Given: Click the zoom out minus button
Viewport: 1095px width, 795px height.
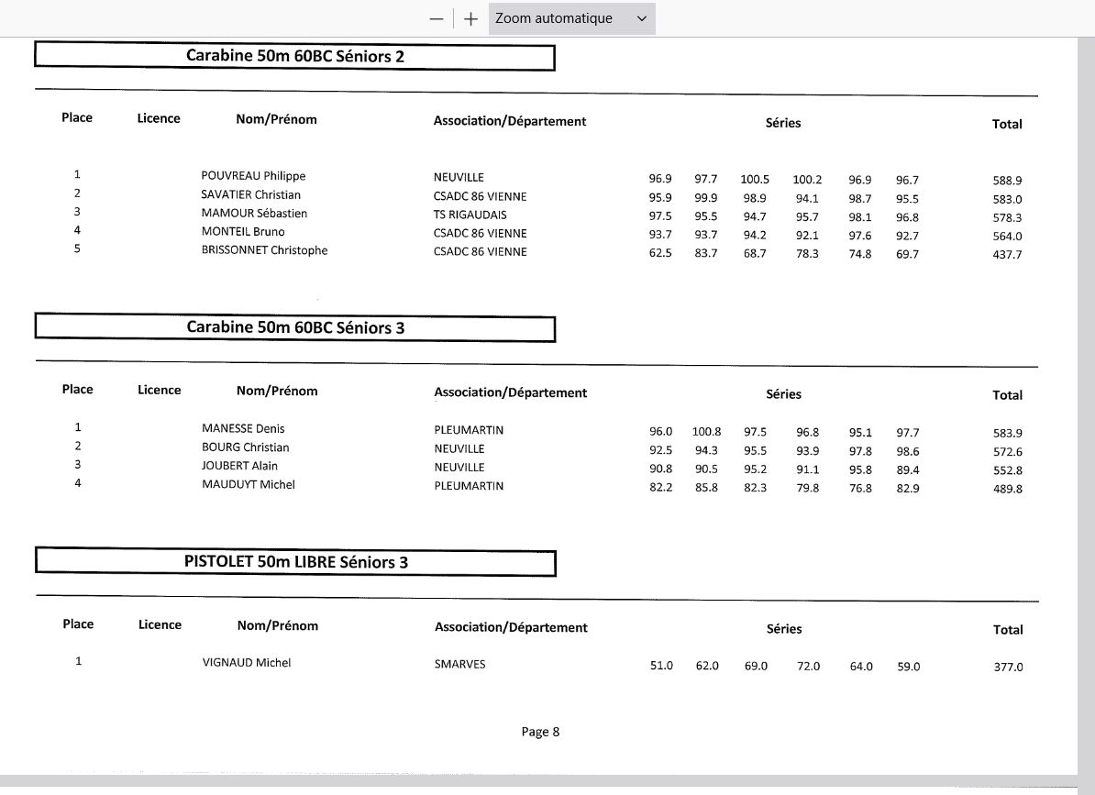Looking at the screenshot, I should tap(437, 19).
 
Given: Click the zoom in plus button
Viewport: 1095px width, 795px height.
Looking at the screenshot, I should tap(470, 19).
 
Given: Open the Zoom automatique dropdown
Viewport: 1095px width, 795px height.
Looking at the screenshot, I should tap(571, 18).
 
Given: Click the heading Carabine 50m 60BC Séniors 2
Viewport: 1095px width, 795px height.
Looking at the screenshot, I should tap(294, 56).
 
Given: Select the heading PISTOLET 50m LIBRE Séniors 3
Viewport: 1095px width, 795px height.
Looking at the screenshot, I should tap(295, 562).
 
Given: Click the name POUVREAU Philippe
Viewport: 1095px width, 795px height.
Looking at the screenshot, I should tap(253, 176).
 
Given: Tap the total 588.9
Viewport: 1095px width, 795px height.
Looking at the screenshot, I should tap(1007, 181).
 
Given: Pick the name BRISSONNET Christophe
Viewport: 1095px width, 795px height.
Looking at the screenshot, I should tap(264, 250).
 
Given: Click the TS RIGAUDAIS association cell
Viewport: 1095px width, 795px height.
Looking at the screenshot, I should tap(470, 215).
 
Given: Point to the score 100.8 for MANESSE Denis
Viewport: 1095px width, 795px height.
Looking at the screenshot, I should tap(706, 432).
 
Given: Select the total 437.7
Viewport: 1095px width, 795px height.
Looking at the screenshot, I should tap(1007, 255).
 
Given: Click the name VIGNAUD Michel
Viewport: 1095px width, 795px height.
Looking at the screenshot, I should tap(246, 663).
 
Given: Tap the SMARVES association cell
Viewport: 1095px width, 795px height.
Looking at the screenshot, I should tap(459, 664).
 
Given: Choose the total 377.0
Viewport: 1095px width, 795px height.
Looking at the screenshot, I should tap(1008, 668).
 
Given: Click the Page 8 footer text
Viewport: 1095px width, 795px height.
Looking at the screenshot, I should tap(540, 732).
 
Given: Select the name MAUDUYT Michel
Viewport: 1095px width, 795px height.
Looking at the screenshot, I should tap(248, 484).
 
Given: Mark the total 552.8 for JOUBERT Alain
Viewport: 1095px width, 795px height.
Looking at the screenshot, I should tap(1007, 470).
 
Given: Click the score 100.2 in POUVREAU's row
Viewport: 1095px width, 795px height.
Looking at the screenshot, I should tap(807, 180).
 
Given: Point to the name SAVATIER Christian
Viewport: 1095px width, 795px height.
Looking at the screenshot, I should tap(250, 194).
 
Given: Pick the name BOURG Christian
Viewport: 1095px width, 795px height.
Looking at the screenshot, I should tap(245, 447).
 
